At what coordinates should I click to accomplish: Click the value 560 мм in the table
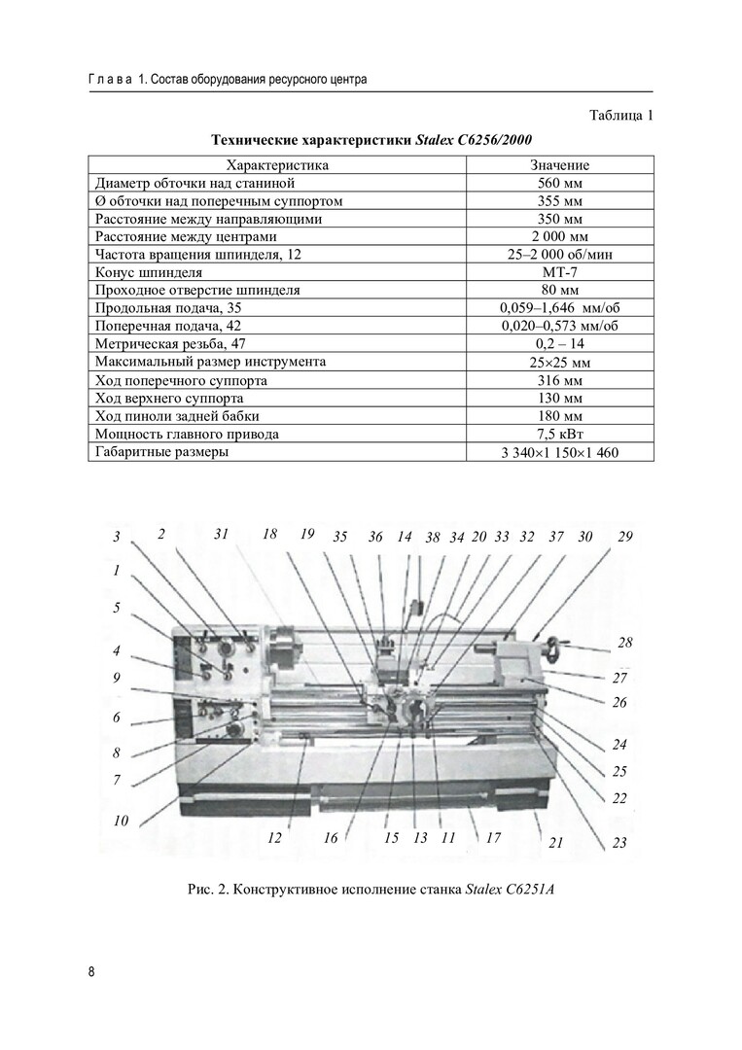559,183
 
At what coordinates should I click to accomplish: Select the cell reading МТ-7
559,272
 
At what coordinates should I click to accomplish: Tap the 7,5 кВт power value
559,434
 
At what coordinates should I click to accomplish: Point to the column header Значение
559,165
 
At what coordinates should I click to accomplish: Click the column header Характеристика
277,165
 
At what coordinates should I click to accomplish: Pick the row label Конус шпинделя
149,272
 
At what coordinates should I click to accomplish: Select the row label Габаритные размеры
161,451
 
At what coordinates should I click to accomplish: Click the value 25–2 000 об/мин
559,255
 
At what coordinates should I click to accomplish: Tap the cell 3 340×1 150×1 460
559,452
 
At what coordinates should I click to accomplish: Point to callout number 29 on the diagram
624,536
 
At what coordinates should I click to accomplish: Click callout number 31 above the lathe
222,534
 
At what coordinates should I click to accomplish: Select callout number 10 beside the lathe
121,821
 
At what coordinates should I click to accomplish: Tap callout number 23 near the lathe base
619,843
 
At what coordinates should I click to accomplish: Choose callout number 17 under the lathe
493,837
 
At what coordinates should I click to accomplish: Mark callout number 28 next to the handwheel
624,643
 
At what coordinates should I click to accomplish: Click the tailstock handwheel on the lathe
555,646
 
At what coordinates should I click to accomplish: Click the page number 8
91,971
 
